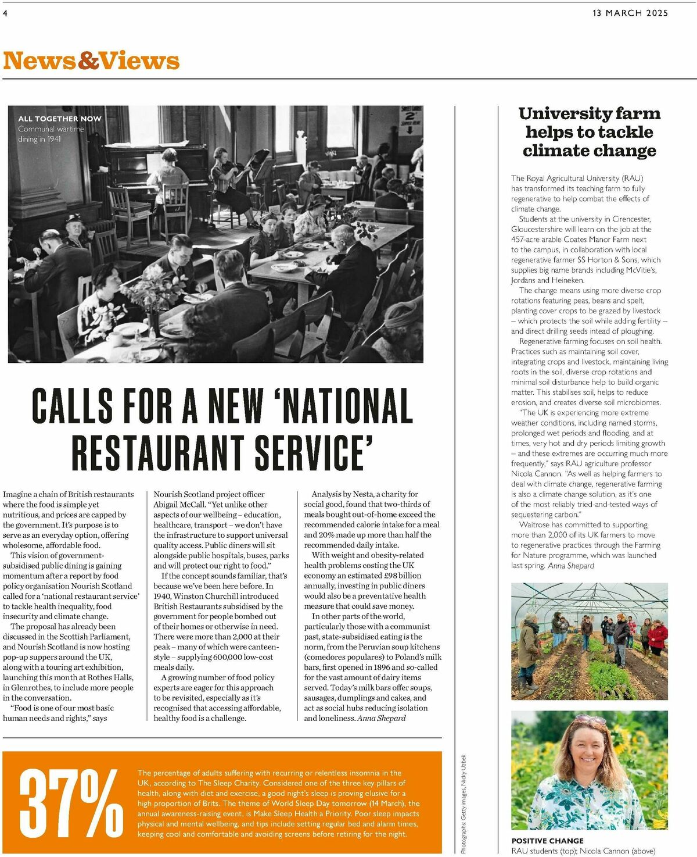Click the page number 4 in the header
tap(5, 13)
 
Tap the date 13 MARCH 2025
tap(630, 13)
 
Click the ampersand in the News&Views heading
tap(89, 61)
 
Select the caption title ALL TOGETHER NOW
tap(59, 119)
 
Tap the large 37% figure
tap(71, 802)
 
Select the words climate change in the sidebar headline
tap(589, 151)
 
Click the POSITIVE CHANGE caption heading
tap(547, 841)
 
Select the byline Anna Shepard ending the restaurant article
tap(382, 718)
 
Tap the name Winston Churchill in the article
tap(209, 596)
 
